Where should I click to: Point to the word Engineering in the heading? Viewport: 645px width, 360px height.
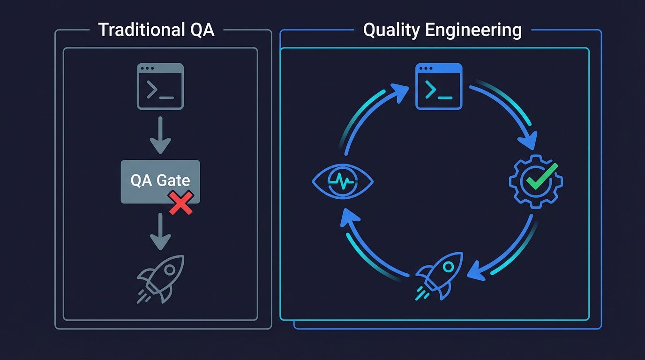coord(473,30)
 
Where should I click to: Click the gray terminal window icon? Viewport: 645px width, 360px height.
coord(160,87)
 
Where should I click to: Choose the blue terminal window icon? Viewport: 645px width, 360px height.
coord(439,87)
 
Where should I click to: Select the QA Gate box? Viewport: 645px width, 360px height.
coord(160,182)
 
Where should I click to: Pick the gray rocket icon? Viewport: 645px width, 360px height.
coord(161,278)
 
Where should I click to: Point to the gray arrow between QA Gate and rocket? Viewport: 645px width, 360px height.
coord(160,232)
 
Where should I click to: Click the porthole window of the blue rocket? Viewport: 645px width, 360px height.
coord(448,267)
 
